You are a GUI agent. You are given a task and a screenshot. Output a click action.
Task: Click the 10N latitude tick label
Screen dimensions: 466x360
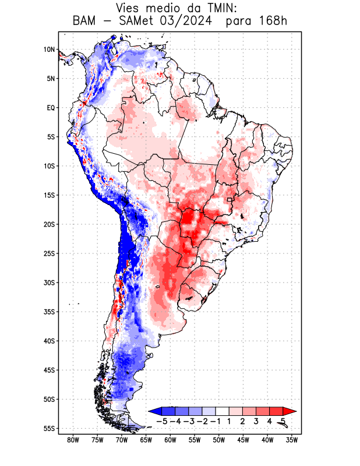49,50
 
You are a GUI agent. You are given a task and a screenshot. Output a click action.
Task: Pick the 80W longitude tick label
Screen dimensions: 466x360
73,440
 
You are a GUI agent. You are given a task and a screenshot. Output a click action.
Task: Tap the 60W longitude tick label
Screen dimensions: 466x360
170,440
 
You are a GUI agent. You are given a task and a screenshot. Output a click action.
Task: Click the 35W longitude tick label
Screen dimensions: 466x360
292,440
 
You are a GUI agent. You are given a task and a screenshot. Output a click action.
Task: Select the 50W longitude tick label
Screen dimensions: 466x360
219,440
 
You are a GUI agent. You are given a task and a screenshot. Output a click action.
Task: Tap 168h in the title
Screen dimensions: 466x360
273,22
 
